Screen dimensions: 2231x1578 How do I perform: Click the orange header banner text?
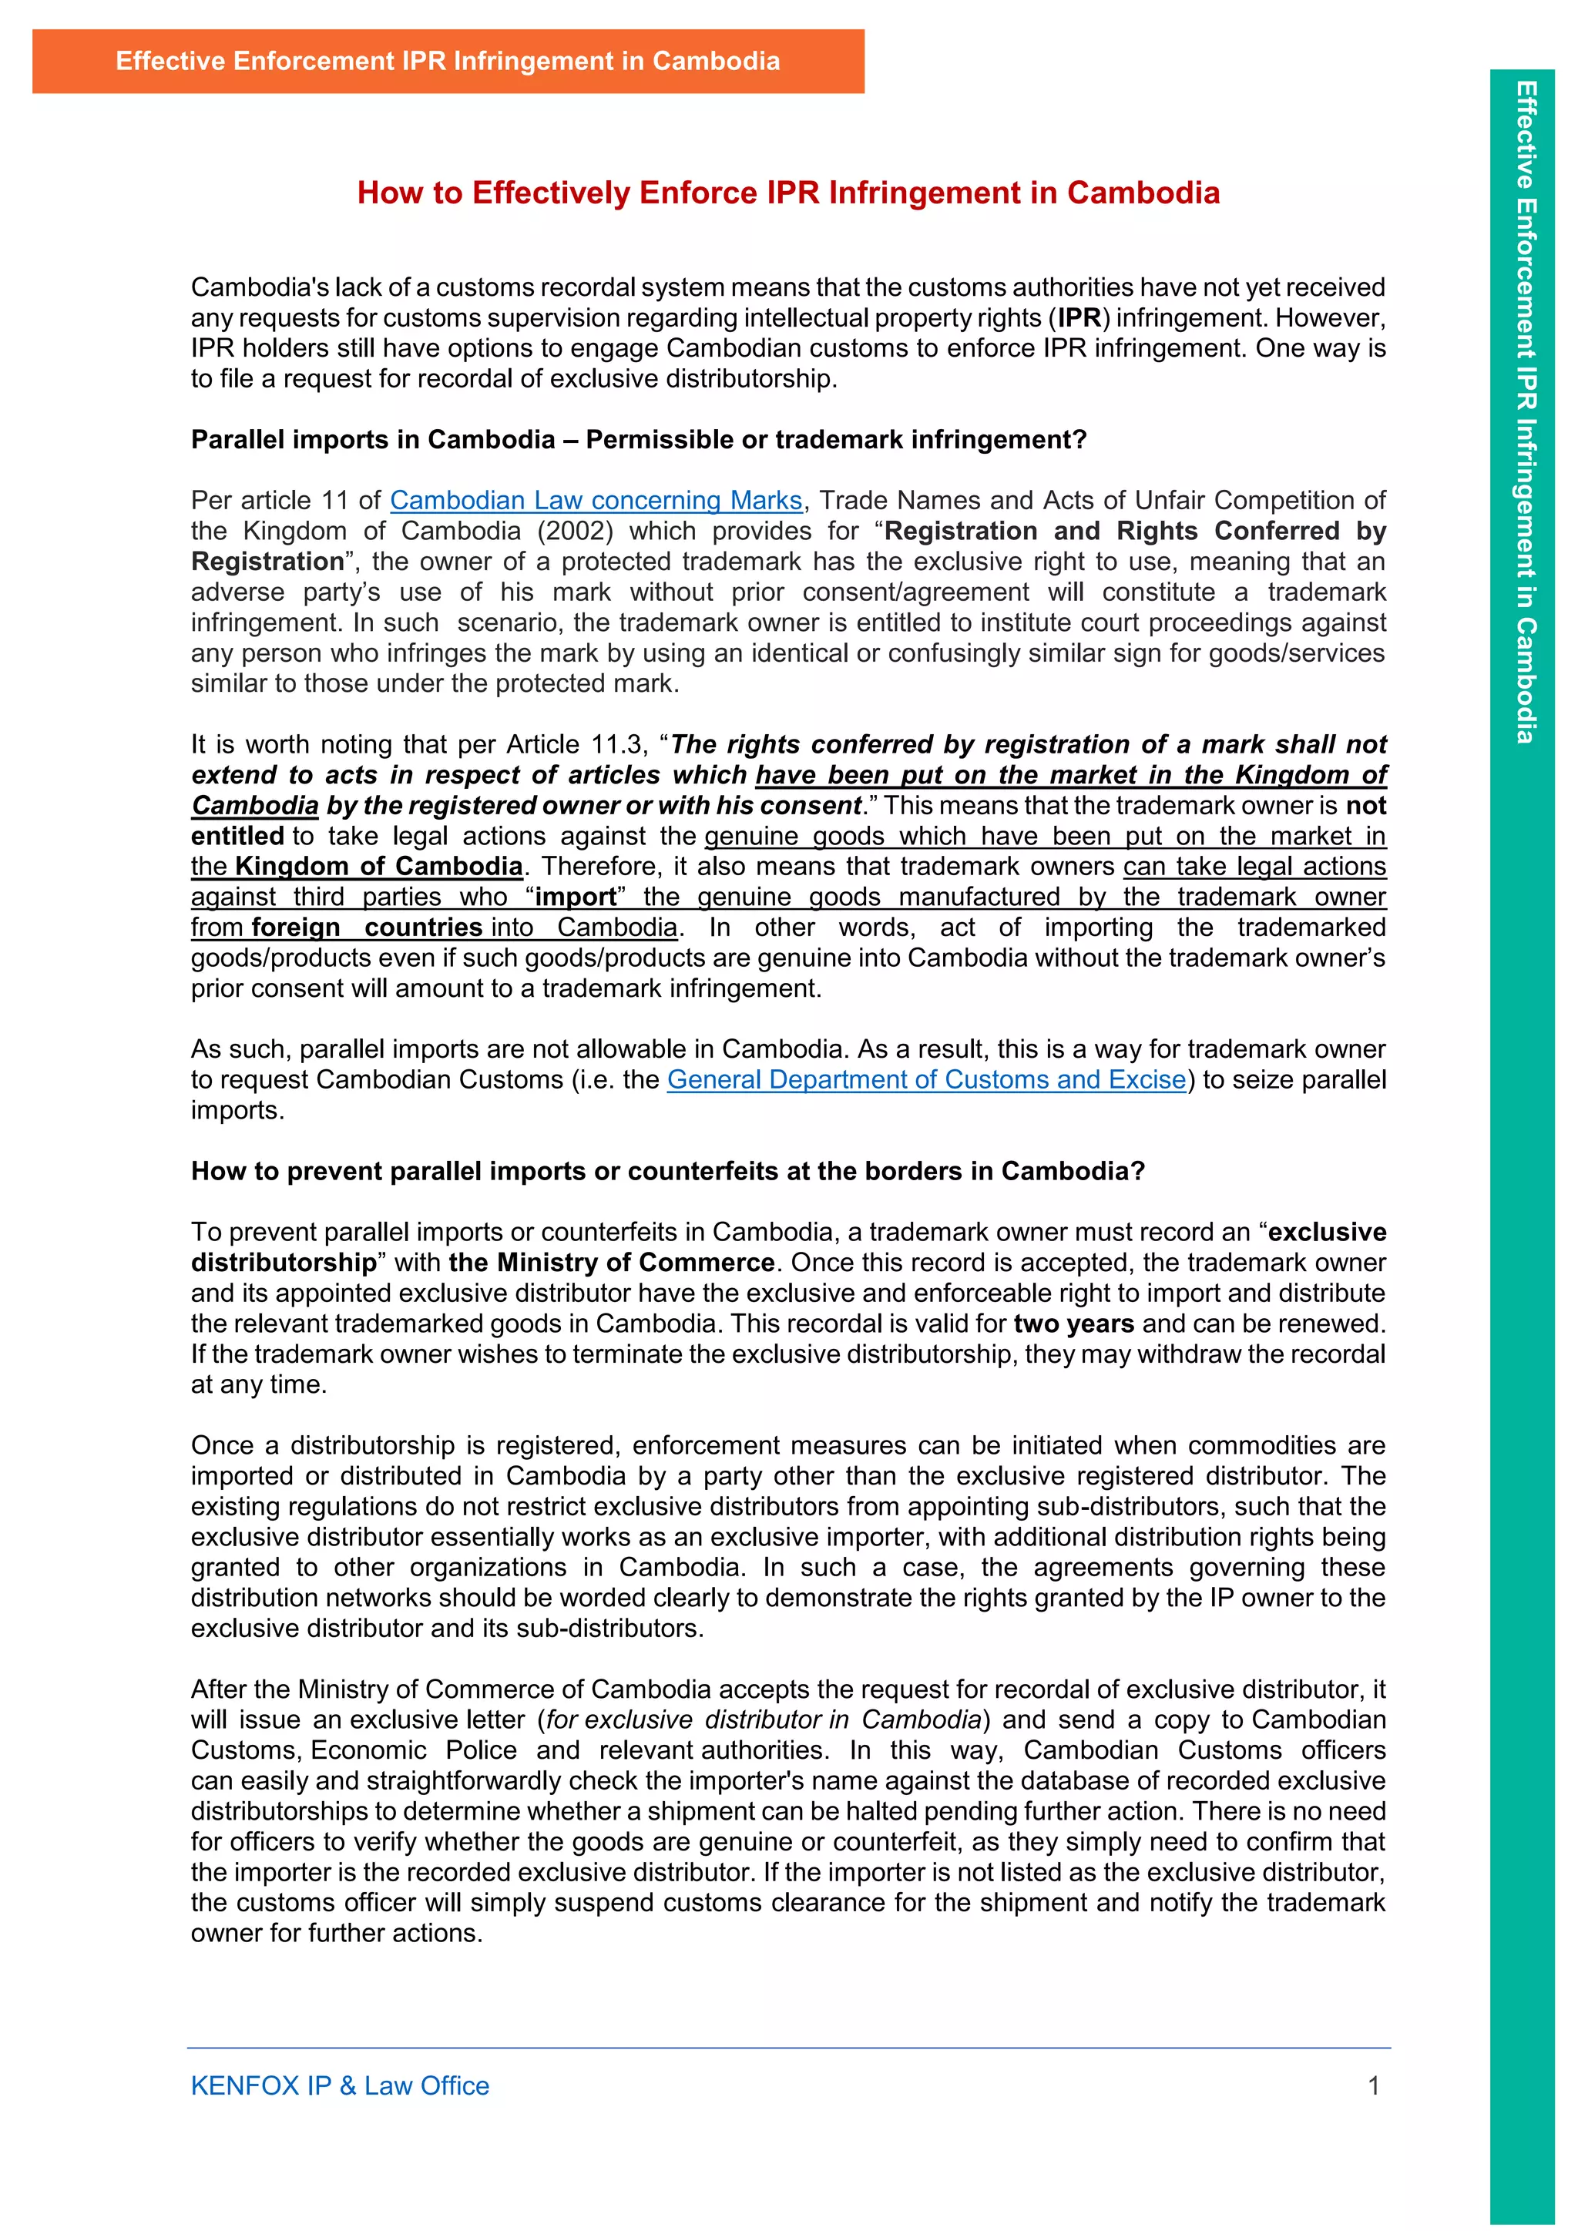click(x=447, y=61)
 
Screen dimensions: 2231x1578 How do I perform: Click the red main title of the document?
click(x=788, y=193)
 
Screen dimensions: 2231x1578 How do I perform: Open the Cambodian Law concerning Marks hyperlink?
click(x=596, y=501)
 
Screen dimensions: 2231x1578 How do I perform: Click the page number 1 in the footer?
click(x=1373, y=2085)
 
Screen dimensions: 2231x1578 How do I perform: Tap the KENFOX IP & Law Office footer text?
click(x=339, y=2085)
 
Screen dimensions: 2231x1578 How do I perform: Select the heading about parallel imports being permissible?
click(x=639, y=439)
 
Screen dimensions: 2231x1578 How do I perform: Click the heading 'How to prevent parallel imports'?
click(x=667, y=1171)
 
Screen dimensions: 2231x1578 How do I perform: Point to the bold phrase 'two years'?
click(x=1073, y=1324)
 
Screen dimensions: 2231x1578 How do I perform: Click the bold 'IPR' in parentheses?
click(x=1079, y=317)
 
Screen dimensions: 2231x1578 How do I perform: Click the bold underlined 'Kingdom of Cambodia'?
click(x=379, y=866)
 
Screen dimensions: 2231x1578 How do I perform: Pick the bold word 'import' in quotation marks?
click(x=576, y=897)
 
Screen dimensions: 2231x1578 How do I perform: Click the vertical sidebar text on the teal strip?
click(x=1525, y=413)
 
